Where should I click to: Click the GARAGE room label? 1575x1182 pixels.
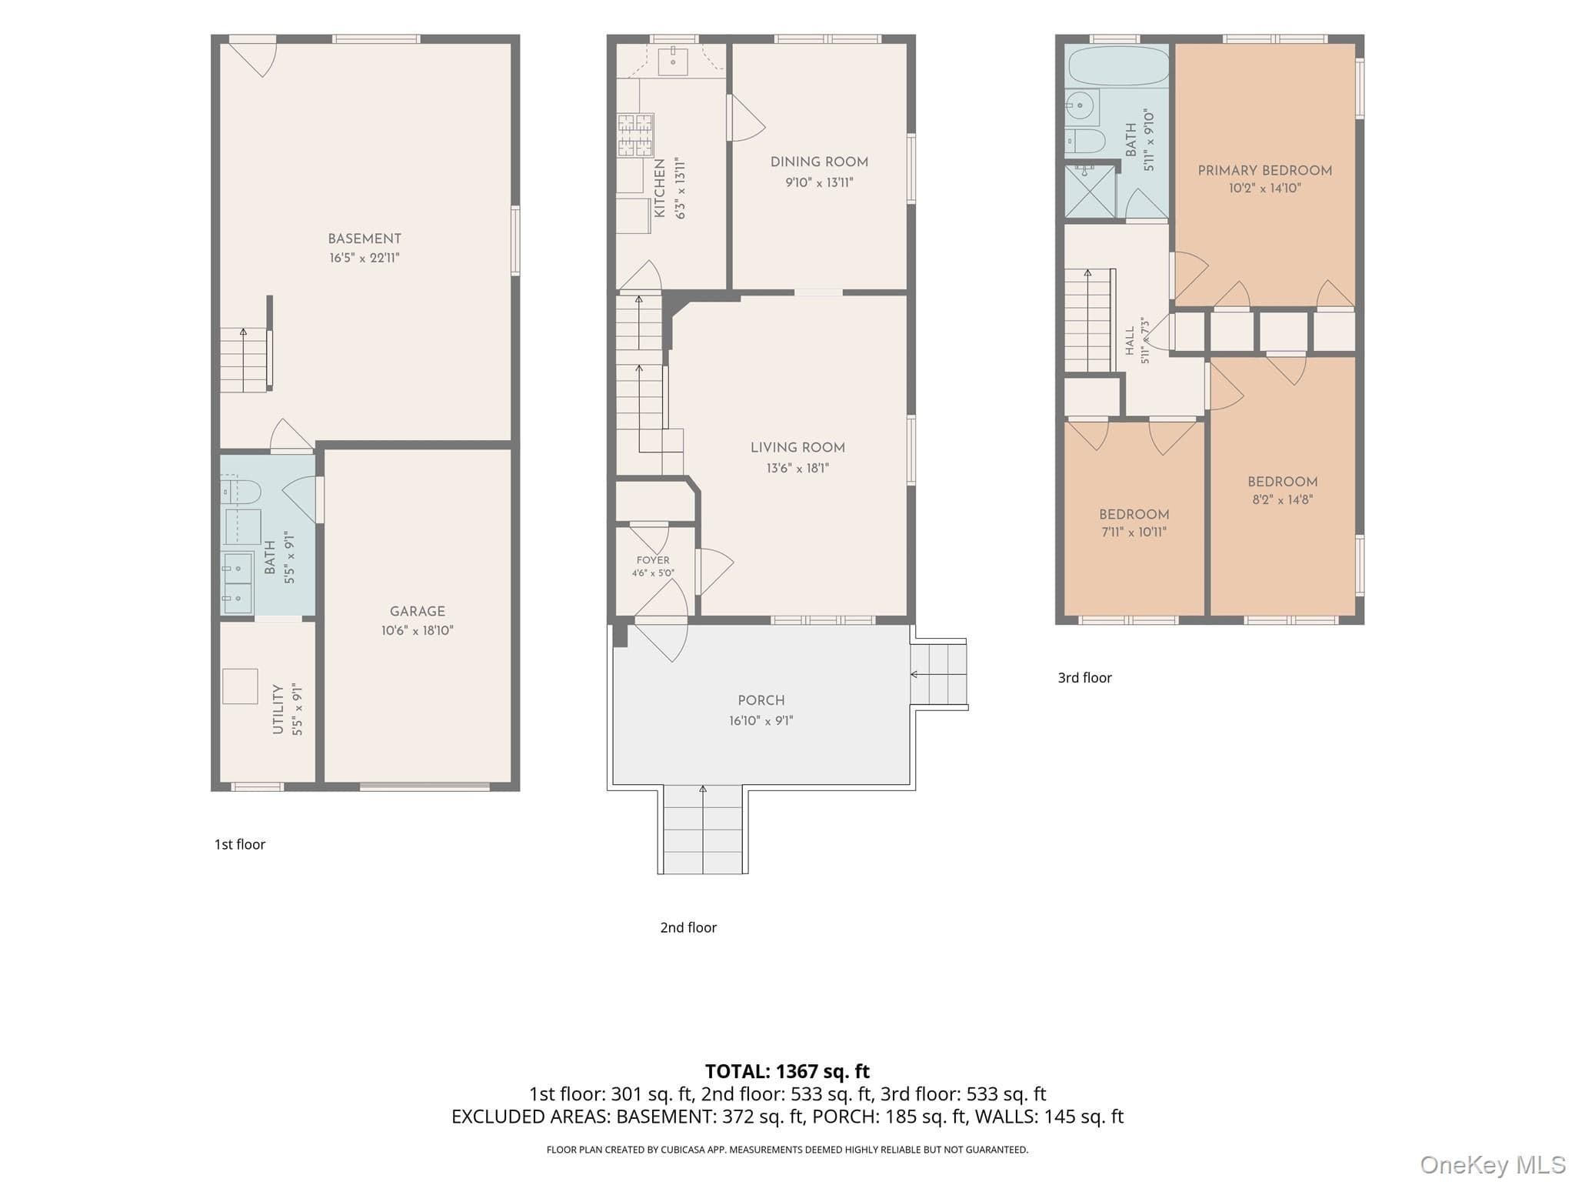418,611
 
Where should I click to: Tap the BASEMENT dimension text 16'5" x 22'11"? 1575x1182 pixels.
365,258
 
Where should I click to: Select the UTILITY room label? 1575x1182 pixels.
278,709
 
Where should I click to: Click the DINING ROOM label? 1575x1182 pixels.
819,162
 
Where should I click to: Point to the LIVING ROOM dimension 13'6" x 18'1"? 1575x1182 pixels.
797,468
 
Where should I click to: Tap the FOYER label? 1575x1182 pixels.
653,560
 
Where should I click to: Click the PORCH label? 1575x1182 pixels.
761,700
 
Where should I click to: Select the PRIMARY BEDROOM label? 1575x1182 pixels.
1265,170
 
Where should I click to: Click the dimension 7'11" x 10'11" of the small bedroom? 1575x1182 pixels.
1134,532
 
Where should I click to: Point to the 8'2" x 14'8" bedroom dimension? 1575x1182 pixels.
1282,499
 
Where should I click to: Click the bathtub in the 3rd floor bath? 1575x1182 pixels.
1117,65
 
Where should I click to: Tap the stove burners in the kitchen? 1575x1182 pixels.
635,135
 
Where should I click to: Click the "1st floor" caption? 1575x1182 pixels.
240,844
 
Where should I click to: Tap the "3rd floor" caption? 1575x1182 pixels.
1084,677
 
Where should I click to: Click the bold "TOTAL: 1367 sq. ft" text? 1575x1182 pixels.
787,1071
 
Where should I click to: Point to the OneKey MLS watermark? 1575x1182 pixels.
1493,1164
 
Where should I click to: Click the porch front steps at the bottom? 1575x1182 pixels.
703,830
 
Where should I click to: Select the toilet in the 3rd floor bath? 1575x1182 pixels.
1084,141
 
